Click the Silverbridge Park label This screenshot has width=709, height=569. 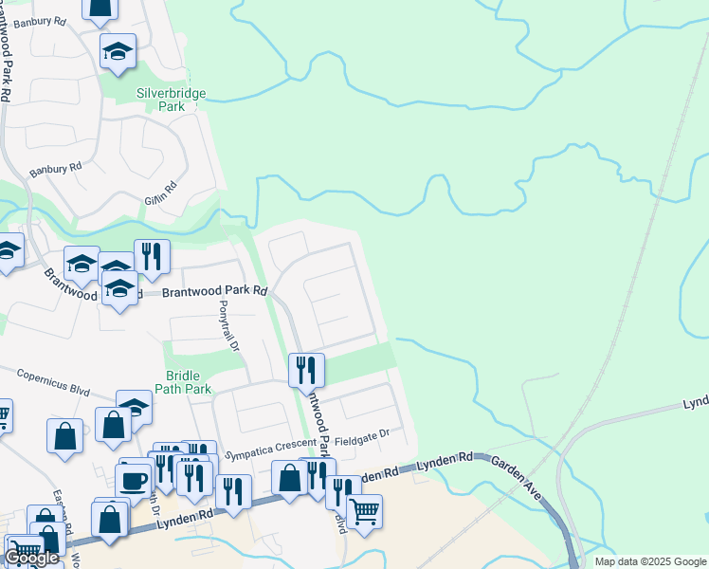point(172,101)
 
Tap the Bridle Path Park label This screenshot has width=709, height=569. point(189,382)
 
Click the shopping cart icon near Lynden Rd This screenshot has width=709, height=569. point(364,511)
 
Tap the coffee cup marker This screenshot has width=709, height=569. point(134,478)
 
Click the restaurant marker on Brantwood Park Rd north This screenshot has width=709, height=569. point(152,255)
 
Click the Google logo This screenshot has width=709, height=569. point(31,558)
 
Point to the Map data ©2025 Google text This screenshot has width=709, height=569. point(650,561)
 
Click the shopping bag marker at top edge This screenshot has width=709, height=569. point(100,8)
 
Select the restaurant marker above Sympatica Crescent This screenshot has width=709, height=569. point(306,370)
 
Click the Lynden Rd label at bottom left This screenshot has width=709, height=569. point(184,518)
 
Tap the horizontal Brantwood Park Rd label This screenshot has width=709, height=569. point(214,293)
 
